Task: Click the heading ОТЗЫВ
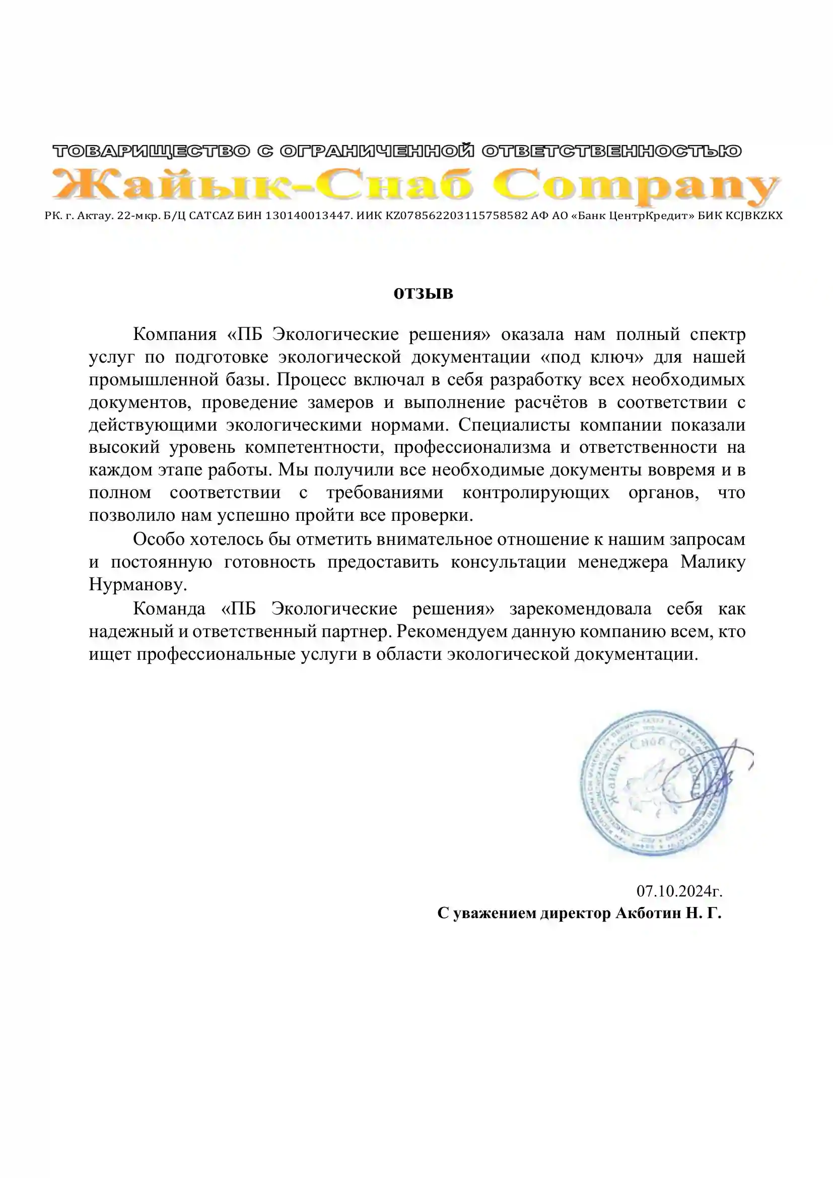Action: coord(423,294)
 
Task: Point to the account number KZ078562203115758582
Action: coord(456,216)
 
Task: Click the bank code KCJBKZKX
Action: coord(753,216)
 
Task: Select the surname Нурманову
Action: coord(137,584)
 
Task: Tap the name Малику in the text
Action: coord(713,562)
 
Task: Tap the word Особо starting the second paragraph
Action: coord(158,539)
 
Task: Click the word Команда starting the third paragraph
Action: coord(169,609)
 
